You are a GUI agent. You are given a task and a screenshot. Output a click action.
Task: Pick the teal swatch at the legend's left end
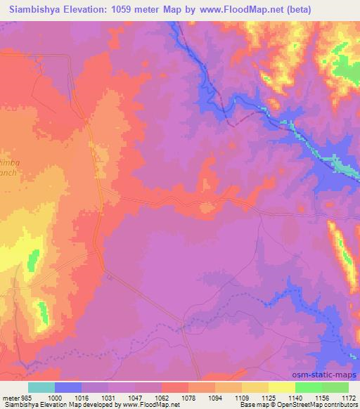(41, 387)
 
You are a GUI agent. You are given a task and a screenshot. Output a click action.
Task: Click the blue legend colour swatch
(67, 387)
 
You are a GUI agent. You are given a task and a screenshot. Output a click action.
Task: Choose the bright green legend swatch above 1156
(308, 387)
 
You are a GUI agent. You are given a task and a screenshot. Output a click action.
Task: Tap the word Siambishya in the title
(36, 10)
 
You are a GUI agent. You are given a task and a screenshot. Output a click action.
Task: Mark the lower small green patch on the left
(43, 309)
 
